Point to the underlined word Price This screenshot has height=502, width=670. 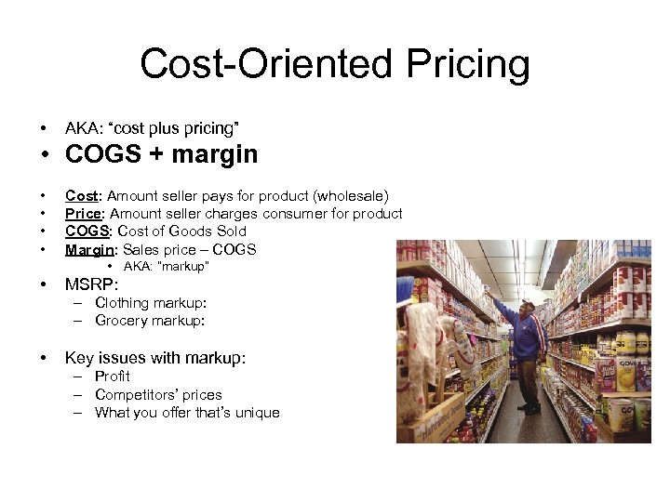pos(84,214)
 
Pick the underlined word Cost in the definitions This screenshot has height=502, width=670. pos(82,196)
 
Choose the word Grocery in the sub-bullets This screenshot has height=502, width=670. pos(122,321)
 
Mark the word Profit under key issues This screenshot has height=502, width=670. pos(112,376)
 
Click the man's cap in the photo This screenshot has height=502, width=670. pos(528,304)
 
